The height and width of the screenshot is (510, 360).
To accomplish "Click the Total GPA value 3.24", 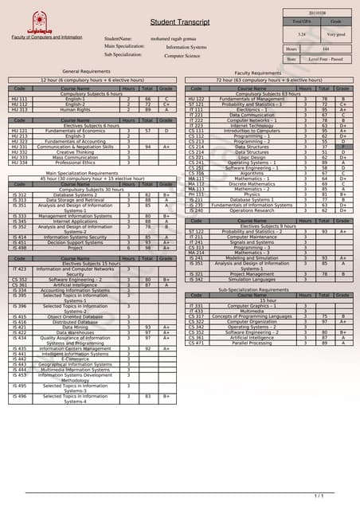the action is point(302,34).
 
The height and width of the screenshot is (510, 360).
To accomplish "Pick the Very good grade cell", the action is point(335,34).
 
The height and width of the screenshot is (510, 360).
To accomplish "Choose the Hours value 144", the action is point(325,49).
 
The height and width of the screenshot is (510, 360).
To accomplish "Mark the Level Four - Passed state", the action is point(326,60).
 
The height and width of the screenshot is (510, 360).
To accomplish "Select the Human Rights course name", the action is point(76,108).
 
